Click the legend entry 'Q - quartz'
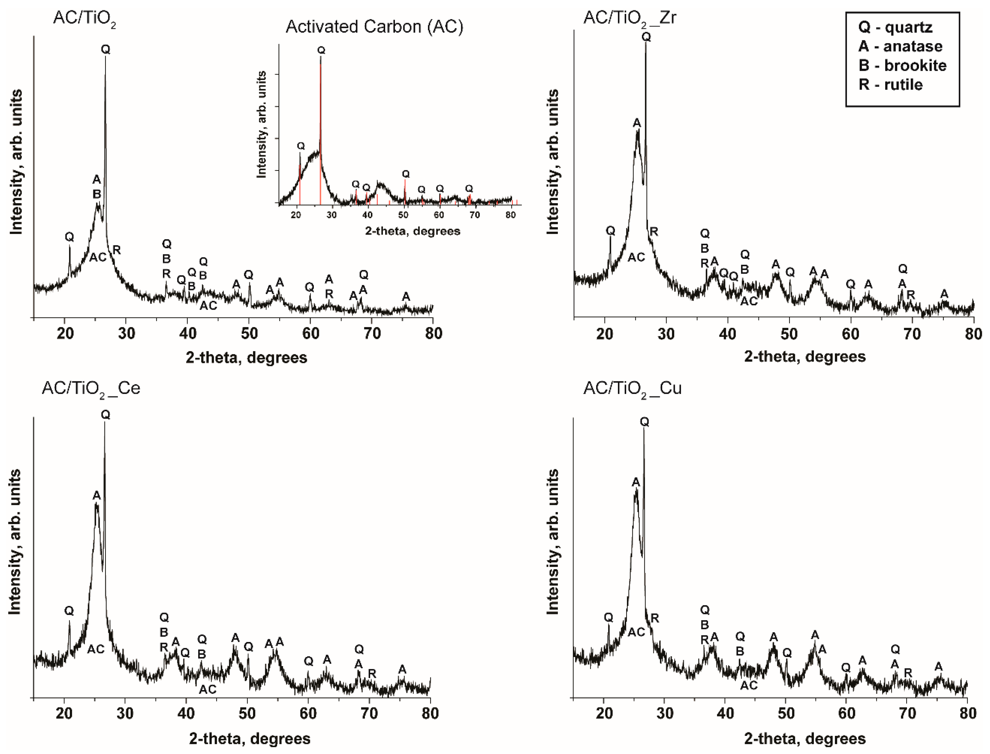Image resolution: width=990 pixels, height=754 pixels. pos(895,27)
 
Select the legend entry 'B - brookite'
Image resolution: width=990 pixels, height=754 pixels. pos(902,65)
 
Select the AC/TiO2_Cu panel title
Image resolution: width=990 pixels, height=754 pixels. pos(632,388)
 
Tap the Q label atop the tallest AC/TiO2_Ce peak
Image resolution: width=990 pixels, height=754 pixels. pos(105,415)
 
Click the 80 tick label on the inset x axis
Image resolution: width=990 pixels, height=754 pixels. pos(510,215)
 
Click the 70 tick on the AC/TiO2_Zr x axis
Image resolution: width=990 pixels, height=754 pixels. pos(912,334)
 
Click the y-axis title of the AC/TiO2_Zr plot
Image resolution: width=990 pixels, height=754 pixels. pos(553,161)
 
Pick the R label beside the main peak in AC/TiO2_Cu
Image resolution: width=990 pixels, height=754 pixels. pos(655,618)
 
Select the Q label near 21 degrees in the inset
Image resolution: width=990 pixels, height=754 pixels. pos(301,146)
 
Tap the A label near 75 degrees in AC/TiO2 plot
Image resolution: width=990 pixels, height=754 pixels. pos(406,297)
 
